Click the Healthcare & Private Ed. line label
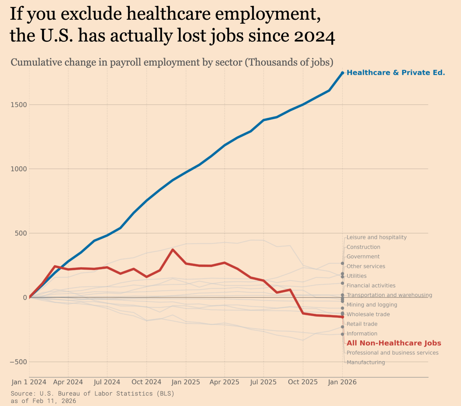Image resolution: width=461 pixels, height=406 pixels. click(x=396, y=73)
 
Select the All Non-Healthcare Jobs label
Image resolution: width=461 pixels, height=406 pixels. click(x=394, y=343)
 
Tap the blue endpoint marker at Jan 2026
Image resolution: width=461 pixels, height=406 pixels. click(x=342, y=73)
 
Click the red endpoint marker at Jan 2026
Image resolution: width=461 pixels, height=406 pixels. click(x=342, y=317)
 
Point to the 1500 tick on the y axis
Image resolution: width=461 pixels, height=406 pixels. click(x=19, y=105)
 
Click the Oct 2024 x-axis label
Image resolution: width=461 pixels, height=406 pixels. click(x=146, y=382)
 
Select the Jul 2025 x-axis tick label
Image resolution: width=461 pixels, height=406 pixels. click(x=263, y=382)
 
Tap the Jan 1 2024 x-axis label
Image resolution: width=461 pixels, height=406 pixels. click(x=29, y=382)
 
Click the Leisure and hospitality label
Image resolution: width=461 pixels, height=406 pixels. click(x=376, y=237)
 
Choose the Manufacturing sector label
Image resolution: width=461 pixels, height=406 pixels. click(x=366, y=362)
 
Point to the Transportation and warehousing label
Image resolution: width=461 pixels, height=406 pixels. click(x=389, y=295)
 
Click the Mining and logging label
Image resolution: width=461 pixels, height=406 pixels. click(x=372, y=305)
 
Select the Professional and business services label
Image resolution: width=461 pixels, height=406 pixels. click(x=392, y=353)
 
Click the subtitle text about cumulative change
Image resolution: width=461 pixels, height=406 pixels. click(x=172, y=62)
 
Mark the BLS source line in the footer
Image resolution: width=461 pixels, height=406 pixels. click(x=92, y=393)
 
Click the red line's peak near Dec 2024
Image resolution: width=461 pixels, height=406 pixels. click(x=173, y=249)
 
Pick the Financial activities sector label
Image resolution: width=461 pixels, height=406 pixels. click(x=371, y=285)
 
